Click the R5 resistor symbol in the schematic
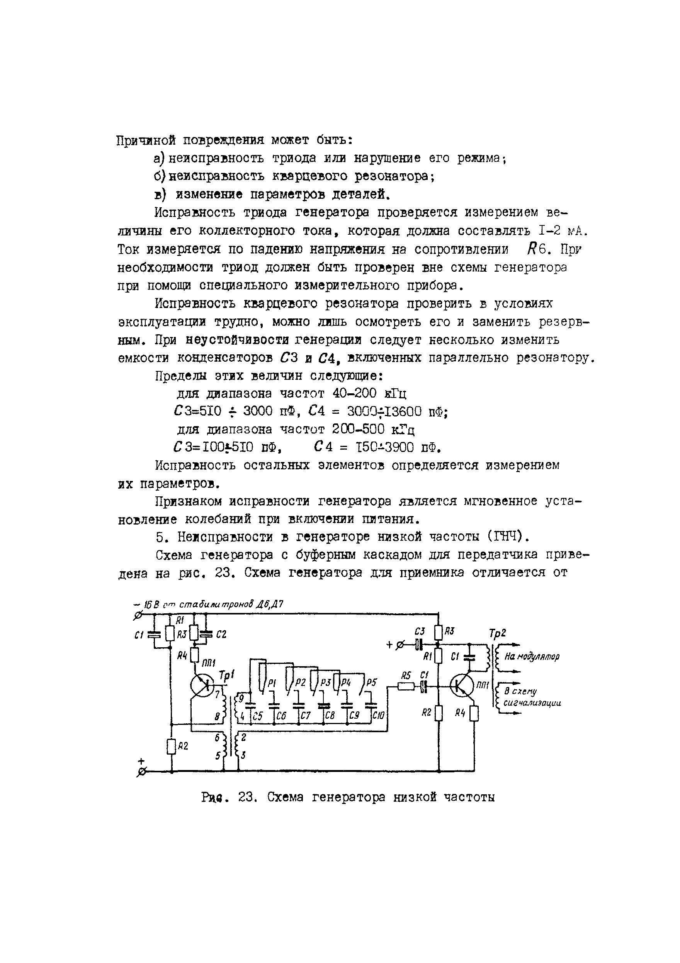(405, 687)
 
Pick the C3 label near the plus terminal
(419, 632)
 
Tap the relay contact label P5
(371, 682)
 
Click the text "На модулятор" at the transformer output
(532, 657)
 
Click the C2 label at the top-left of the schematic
(221, 635)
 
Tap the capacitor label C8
(330, 716)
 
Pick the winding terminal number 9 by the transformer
(241, 698)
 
